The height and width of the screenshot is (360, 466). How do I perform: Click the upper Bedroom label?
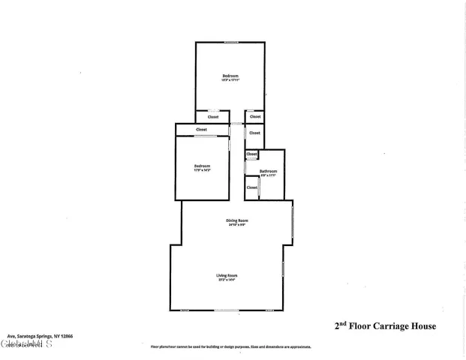tap(230, 76)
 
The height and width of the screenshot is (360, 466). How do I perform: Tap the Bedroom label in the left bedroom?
tap(202, 166)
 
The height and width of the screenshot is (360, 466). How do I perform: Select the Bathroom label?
tap(269, 172)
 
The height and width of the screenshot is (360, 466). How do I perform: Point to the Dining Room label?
tap(237, 220)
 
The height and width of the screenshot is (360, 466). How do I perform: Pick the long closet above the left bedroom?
tap(201, 130)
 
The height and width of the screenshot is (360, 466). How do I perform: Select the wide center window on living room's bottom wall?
tap(226, 310)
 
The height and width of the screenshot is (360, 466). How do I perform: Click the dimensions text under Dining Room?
tap(237, 225)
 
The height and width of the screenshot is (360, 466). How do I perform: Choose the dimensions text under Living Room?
tap(227, 280)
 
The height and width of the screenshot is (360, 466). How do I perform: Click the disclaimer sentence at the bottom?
tap(230, 347)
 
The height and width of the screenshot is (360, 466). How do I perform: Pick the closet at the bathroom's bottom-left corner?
tap(251, 187)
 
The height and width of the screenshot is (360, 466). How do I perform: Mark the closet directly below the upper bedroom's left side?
tap(213, 117)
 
